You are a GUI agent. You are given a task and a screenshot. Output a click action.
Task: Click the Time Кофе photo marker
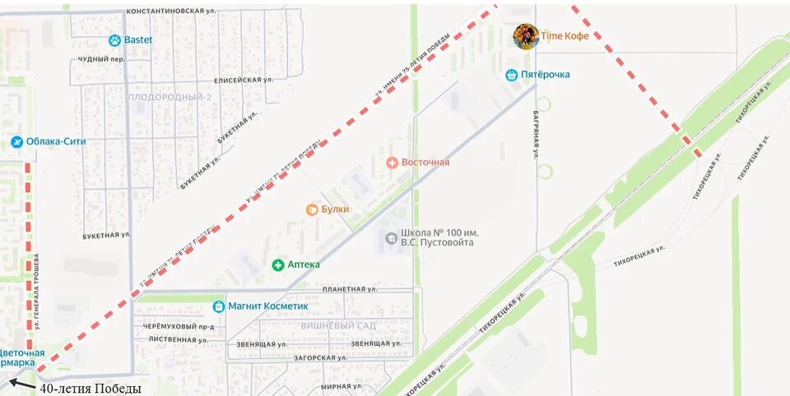[x=526, y=36]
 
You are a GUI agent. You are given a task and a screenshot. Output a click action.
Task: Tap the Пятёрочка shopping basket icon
[x=512, y=75]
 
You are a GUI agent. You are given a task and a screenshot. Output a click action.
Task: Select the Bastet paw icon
[x=114, y=40]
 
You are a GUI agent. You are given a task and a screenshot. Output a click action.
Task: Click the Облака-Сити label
[x=56, y=141]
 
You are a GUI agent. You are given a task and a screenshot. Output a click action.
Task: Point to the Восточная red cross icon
[x=392, y=162]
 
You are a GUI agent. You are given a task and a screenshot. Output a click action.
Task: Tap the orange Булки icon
[x=312, y=210]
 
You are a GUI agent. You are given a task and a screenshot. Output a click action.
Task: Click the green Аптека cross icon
[x=278, y=265]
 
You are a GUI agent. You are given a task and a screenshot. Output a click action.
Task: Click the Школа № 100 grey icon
[x=391, y=237]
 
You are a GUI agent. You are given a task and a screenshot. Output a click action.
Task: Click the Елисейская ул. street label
[x=243, y=80]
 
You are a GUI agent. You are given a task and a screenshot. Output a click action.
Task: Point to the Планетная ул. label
[x=350, y=289]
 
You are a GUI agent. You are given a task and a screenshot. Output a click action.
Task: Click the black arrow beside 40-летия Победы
[x=22, y=384]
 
